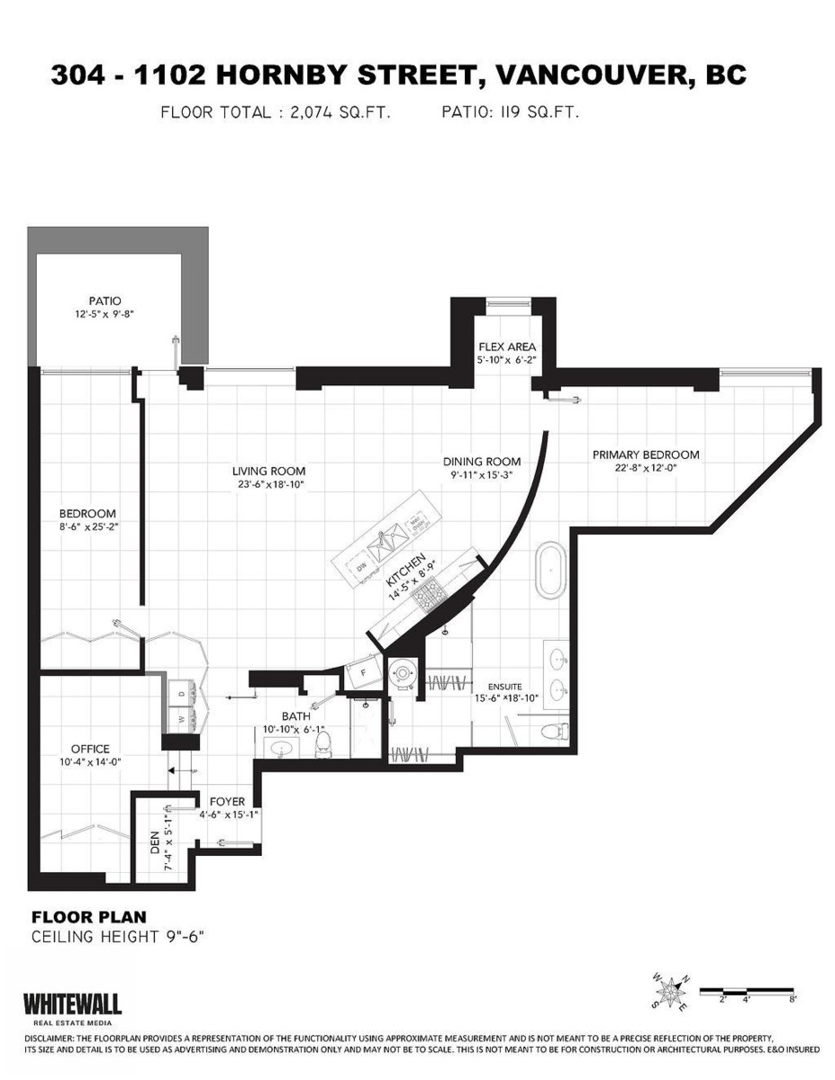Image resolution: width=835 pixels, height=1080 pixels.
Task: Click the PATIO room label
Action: pyautogui.click(x=104, y=301)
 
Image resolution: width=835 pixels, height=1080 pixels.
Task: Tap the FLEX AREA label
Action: pyautogui.click(x=507, y=346)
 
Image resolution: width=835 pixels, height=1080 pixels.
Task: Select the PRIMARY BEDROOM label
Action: pyautogui.click(x=645, y=454)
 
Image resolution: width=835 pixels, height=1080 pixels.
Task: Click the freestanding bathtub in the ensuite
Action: pyautogui.click(x=549, y=569)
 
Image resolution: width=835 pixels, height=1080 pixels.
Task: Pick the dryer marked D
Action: pyautogui.click(x=180, y=695)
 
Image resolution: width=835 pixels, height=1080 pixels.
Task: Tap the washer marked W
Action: pyautogui.click(x=180, y=718)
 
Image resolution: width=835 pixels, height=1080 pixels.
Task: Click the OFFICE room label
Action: pyautogui.click(x=90, y=749)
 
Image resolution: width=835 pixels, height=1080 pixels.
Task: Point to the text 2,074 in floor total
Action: pyautogui.click(x=314, y=113)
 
